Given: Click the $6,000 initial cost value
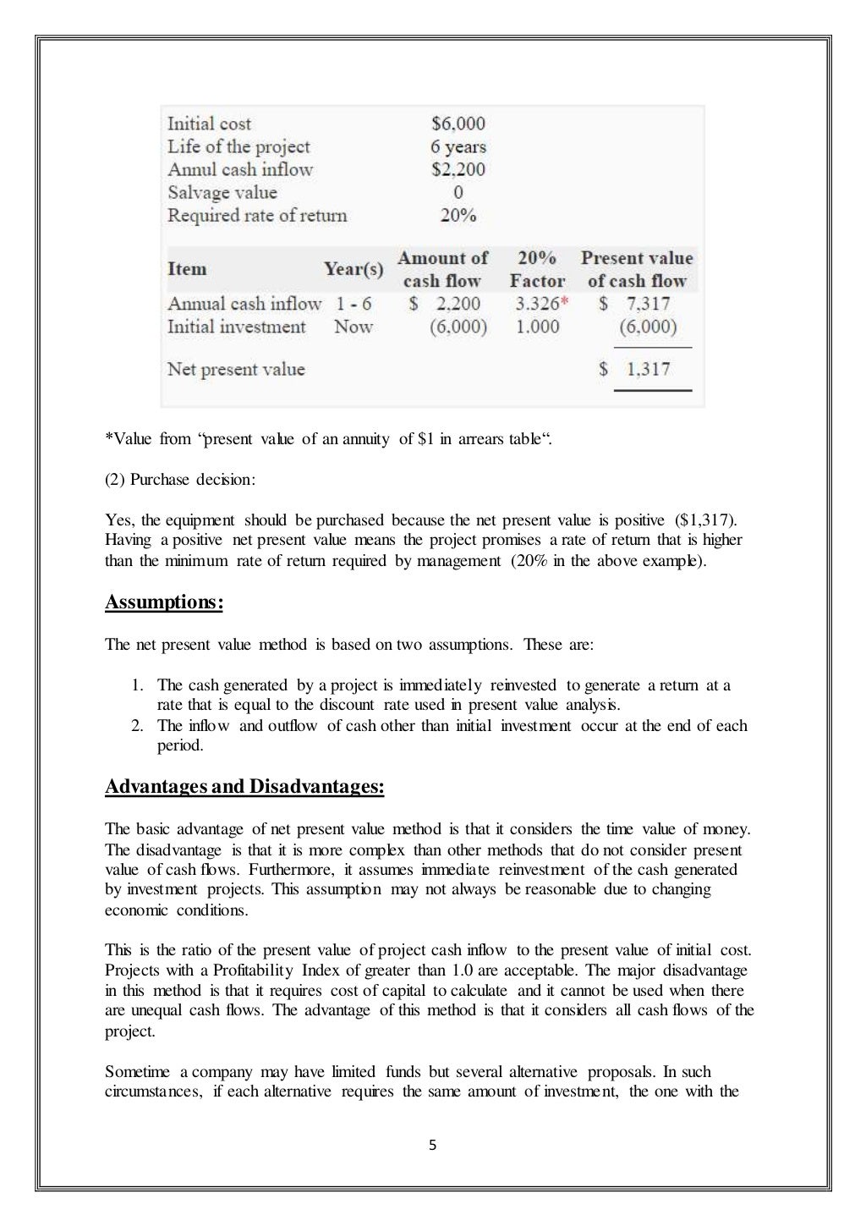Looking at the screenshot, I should point(458,124).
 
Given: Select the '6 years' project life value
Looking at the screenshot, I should point(458,146).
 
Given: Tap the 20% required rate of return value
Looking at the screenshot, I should point(458,215).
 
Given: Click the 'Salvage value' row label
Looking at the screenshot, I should point(222,192).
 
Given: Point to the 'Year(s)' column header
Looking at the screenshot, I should point(354,269).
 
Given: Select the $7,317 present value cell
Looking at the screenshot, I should point(635,303).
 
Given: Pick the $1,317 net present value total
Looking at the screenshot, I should point(635,369).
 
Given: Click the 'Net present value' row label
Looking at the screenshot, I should point(236,369).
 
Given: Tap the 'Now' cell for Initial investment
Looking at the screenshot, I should point(353,327).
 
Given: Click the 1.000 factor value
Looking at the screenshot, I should point(537,327).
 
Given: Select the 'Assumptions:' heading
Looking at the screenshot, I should point(164,602).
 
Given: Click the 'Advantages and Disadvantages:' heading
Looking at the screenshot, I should point(244,787).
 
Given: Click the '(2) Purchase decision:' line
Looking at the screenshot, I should point(179,480).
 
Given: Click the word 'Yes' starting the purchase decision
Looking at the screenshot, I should point(117,520).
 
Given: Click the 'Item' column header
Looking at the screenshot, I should point(187,269).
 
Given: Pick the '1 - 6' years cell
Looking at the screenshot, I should point(354,303).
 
